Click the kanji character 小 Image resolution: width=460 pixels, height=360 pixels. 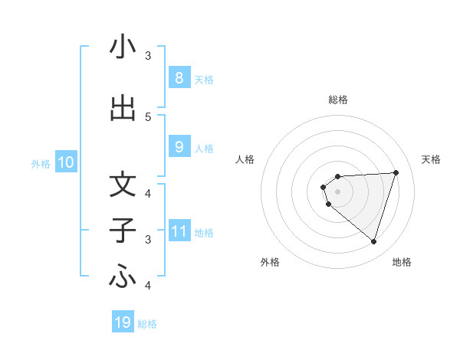point(123,47)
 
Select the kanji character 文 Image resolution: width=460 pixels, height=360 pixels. point(123,185)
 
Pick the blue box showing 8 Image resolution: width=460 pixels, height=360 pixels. point(179,78)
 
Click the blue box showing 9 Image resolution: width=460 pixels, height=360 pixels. point(179,147)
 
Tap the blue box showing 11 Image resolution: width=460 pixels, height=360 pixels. point(179,231)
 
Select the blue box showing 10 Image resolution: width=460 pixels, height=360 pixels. point(65,162)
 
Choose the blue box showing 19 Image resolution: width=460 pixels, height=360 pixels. point(123,322)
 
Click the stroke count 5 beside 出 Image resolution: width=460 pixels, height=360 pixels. point(148,116)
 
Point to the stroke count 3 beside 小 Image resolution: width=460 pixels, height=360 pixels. point(148,56)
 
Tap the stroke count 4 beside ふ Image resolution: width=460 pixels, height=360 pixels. point(148,286)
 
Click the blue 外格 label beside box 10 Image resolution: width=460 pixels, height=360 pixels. point(40,163)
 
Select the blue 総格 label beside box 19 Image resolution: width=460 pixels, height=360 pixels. point(147,324)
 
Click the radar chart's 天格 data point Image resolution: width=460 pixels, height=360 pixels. point(396,172)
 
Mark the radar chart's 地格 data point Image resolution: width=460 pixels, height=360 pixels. point(373,241)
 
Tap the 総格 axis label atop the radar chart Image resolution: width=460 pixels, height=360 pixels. point(337,100)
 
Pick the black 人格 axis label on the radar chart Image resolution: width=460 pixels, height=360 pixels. point(245,159)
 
